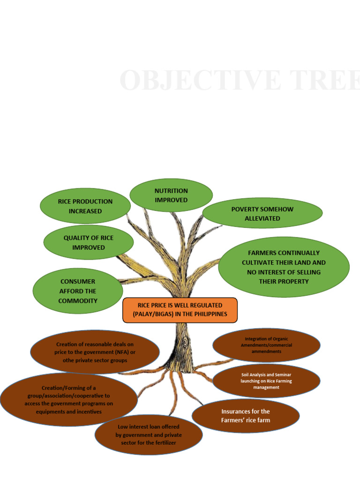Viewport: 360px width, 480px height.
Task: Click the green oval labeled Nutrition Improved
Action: (171, 195)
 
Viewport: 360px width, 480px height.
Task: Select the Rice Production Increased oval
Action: (85, 206)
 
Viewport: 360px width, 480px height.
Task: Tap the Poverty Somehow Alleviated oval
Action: (262, 213)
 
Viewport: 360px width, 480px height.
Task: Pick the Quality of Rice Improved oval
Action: (88, 242)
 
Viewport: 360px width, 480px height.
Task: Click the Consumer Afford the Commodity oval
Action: (78, 291)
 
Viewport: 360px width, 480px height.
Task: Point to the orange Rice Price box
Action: (180, 310)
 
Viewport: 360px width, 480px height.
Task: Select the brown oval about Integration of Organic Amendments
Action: (266, 345)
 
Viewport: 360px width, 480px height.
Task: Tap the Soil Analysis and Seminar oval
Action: (266, 381)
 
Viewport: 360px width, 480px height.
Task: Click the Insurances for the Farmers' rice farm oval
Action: (245, 416)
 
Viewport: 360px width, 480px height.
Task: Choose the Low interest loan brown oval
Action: (148, 435)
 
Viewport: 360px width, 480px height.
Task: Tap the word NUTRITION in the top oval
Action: (171, 191)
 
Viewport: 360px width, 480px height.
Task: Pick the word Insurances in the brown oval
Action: (238, 412)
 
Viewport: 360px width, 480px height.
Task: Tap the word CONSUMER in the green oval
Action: (78, 282)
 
